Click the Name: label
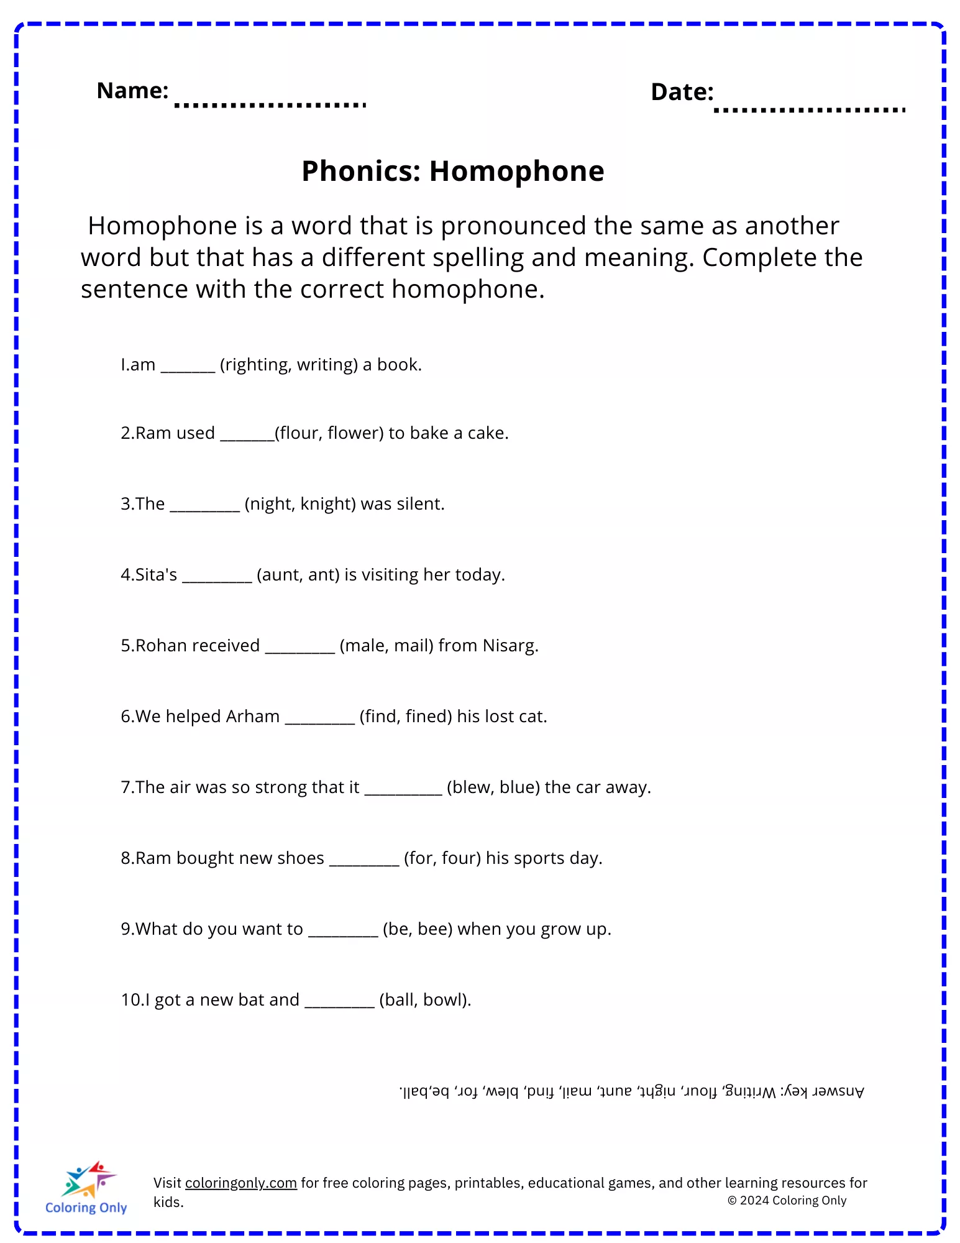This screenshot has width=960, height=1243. (132, 91)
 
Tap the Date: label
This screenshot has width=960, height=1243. (682, 92)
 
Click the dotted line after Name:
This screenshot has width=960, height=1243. (270, 105)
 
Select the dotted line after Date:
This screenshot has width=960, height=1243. (810, 110)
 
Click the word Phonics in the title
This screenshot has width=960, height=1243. (361, 171)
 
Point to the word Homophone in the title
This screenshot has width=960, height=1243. (516, 171)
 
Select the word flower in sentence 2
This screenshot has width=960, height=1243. (355, 433)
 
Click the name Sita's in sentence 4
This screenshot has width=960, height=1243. (156, 574)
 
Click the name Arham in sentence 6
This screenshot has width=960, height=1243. (252, 716)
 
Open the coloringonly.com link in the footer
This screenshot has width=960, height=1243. (240, 1183)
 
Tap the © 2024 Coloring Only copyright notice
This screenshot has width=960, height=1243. (787, 1200)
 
